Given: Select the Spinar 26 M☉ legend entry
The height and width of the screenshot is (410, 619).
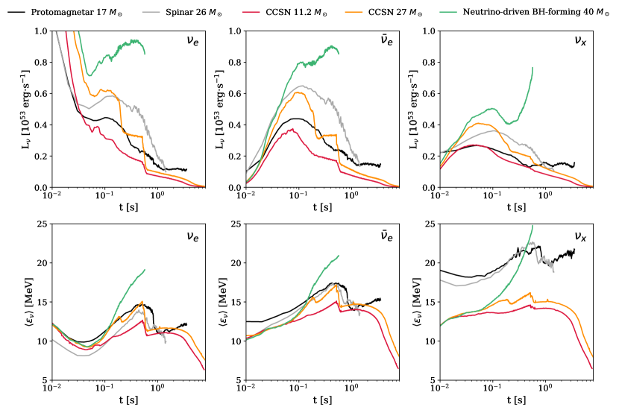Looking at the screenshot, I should pyautogui.click(x=194, y=11).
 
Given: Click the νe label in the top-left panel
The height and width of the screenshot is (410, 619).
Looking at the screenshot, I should pyautogui.click(x=192, y=42).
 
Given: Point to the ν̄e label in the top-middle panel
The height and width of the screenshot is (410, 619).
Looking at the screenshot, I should pyautogui.click(x=386, y=42).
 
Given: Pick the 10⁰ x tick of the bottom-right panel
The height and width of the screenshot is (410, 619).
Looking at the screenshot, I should pyautogui.click(x=545, y=390).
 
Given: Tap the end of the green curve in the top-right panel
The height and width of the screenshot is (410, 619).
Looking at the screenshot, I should pyautogui.click(x=532, y=68).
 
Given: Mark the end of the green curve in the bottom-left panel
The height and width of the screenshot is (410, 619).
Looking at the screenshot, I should pyautogui.click(x=145, y=269).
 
